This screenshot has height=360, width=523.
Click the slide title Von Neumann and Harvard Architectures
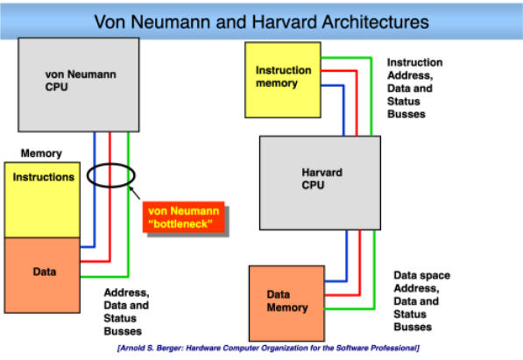tap(261, 22)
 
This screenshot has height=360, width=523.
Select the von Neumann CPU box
tap(79, 85)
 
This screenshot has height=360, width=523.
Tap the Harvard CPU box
tap(321, 183)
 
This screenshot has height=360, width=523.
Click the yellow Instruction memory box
tap(283, 80)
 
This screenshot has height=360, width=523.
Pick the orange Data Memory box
tap(286, 303)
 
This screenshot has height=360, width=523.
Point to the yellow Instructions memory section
tap(42, 200)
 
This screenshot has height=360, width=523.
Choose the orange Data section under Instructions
tap(42, 275)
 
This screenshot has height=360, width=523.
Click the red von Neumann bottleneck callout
tap(184, 217)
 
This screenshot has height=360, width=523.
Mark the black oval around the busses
tap(111, 164)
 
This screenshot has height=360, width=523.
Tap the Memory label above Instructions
tap(41, 153)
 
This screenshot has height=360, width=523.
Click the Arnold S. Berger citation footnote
tap(268, 348)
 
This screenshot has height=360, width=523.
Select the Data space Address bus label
tap(422, 301)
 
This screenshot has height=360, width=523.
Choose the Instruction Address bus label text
tap(415, 88)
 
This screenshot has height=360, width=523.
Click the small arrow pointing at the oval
tap(135, 193)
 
